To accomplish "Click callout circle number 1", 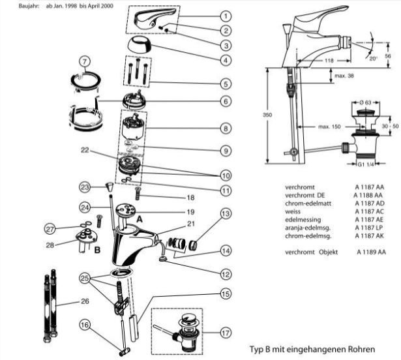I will click(x=224, y=16).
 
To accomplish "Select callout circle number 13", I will click(x=224, y=214).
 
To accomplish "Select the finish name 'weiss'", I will click(x=295, y=211).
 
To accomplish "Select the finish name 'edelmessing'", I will click(x=302, y=219).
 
